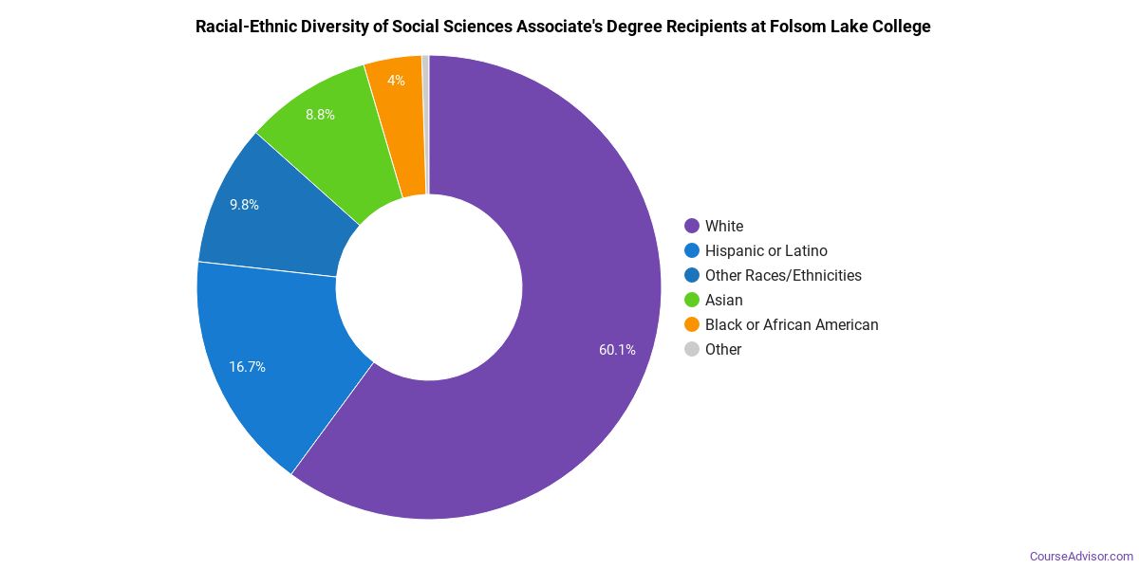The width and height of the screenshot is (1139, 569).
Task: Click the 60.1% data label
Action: pos(617,350)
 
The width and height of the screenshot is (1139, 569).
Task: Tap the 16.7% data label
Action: pos(247,367)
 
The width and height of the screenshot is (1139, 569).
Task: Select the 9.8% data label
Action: pos(244,205)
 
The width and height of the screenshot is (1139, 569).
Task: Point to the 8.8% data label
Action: pos(320,115)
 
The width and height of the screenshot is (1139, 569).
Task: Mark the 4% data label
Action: pos(396,81)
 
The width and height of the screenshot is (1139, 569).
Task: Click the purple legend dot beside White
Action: pos(692,226)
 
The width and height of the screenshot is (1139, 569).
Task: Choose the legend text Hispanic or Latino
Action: pos(766,250)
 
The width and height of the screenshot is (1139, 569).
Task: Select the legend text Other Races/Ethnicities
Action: pos(783,275)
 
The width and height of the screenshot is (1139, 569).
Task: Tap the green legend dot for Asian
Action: pos(692,300)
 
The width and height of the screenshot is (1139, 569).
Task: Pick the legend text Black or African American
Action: pos(792,324)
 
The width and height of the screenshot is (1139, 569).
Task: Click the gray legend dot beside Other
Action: pos(692,349)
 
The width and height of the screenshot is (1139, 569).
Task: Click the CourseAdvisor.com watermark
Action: pos(1081,557)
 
